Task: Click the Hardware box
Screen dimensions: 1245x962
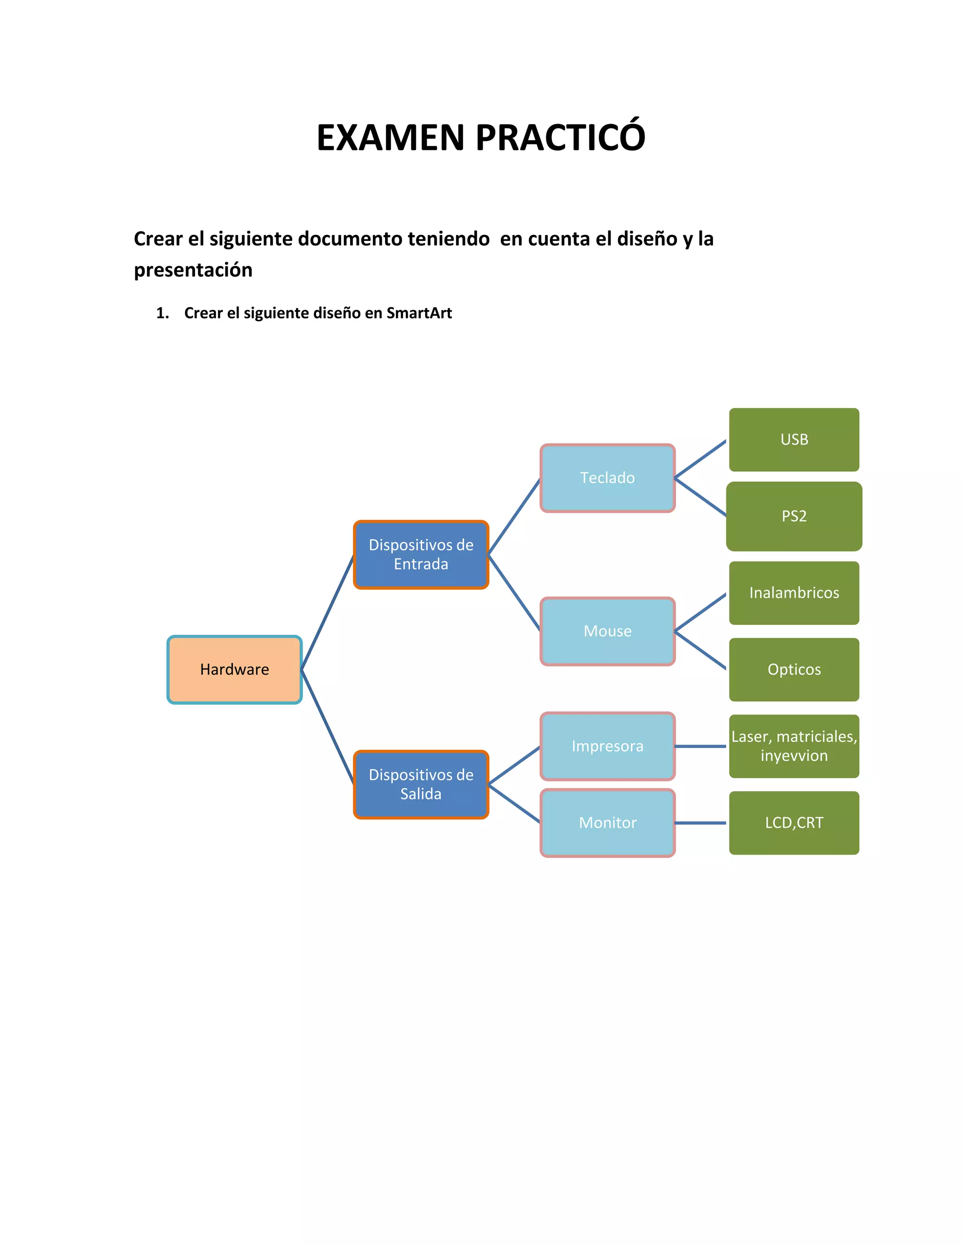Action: point(234,669)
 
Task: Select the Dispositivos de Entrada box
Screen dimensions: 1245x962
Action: point(420,554)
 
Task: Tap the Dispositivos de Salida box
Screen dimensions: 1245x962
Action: point(420,785)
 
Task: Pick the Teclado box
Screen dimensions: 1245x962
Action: point(607,478)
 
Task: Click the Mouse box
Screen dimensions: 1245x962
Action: point(607,631)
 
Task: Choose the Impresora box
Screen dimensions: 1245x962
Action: point(607,746)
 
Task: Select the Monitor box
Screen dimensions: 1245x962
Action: point(607,823)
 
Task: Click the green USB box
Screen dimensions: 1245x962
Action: point(794,440)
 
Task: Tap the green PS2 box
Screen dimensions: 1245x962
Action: point(794,516)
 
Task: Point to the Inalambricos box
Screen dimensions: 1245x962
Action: point(794,593)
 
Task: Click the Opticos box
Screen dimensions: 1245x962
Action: point(794,669)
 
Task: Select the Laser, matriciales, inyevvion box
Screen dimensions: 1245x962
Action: point(794,746)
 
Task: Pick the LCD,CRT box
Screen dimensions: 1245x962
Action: point(794,823)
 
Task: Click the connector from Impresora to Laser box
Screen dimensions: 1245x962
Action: point(700,746)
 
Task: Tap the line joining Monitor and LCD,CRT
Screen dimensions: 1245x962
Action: point(700,823)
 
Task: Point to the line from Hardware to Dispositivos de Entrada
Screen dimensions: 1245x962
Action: point(327,613)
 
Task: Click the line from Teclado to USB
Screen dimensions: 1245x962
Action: point(700,459)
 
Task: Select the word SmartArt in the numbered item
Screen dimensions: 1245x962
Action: point(419,313)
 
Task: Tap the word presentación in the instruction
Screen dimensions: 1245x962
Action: point(193,270)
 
